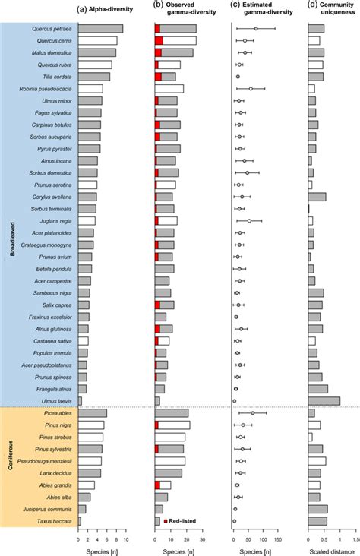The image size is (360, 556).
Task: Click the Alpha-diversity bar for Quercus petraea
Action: [100, 28]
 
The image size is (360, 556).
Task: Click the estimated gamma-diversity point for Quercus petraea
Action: [256, 28]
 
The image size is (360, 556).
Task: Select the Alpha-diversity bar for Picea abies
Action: [93, 413]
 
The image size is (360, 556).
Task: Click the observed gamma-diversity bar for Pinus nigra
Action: [172, 425]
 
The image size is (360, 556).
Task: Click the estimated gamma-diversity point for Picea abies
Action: [252, 413]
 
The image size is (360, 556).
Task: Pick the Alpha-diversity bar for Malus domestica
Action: [97, 52]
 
